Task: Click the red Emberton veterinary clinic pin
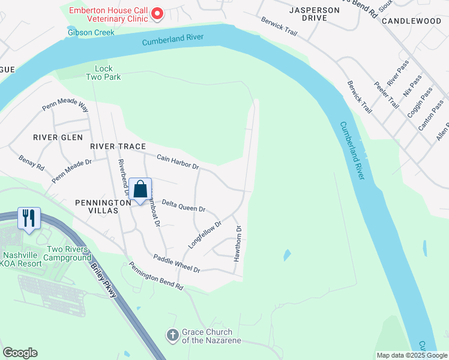[x=157, y=13]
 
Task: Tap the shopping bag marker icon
[x=140, y=190]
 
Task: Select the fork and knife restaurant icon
[x=29, y=218]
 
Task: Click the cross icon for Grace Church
[x=172, y=334]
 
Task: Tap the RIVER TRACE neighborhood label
[x=118, y=146]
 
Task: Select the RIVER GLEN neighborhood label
[x=58, y=137]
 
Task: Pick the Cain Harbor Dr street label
[x=178, y=161]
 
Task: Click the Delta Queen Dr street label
[x=184, y=205]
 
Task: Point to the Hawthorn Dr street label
[x=238, y=243]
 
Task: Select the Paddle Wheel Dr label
[x=176, y=263]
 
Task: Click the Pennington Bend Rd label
[x=155, y=280]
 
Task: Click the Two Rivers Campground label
[x=67, y=253]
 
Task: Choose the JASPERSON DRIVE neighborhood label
[x=307, y=14]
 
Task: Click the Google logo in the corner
[x=20, y=353]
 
